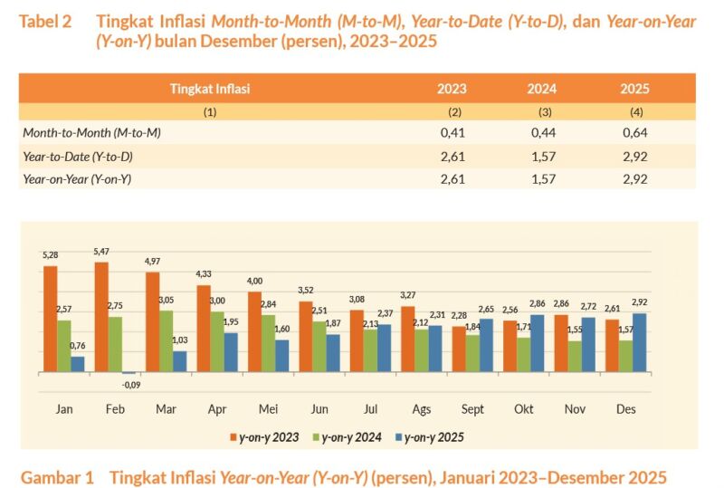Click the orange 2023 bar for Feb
[101, 317]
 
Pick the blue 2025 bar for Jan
[78, 364]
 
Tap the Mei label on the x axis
[269, 409]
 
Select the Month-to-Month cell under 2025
[634, 132]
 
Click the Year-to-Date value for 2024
[542, 156]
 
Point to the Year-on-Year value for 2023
[451, 179]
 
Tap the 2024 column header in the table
[542, 89]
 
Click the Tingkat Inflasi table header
[210, 89]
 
